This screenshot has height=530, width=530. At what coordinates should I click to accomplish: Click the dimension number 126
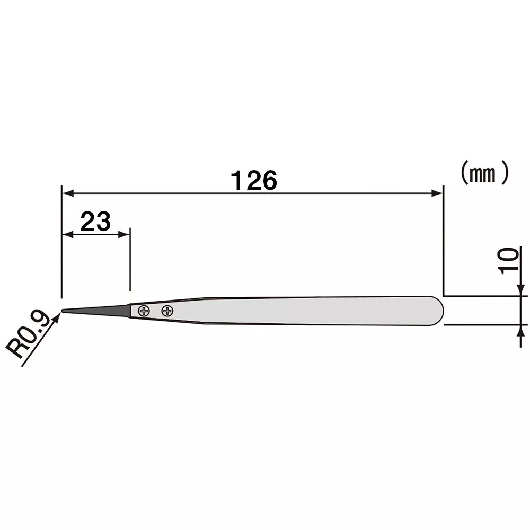pos(254,181)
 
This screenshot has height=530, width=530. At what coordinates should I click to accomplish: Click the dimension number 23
pos(95,221)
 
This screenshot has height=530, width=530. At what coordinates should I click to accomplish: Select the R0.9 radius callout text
pos(31,334)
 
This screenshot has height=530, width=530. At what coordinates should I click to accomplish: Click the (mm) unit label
pos(483,174)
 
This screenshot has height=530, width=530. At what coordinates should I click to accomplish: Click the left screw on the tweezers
pos(143,311)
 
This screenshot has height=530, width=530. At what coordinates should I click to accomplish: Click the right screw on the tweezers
pos(167,311)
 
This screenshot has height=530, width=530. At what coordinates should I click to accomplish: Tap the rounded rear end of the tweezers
pos(438,311)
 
